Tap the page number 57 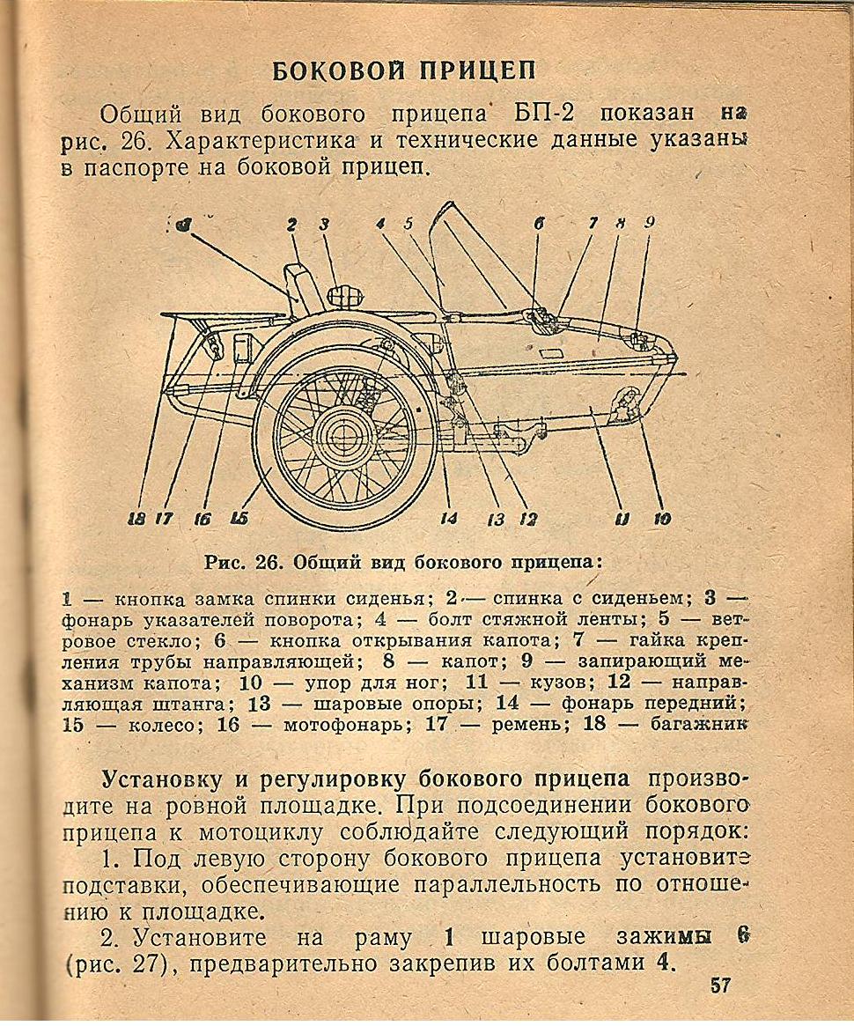720,985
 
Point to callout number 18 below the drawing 137,519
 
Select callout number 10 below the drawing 661,519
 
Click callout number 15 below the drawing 239,519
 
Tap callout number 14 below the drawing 448,519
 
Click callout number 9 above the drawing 649,224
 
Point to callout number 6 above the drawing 537,225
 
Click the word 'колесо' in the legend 143,725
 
